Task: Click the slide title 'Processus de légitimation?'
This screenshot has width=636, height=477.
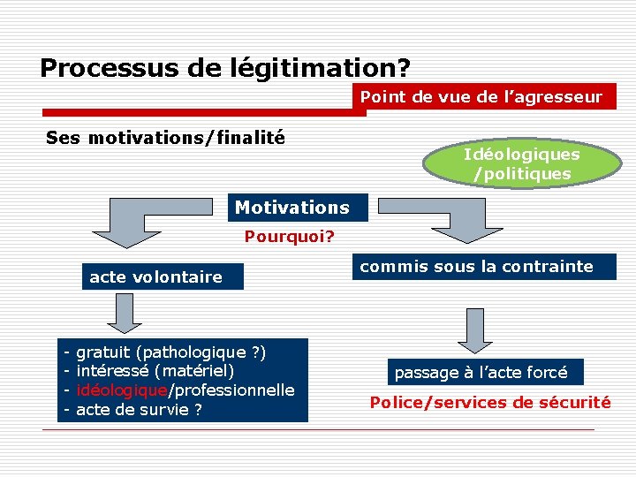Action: [x=225, y=67]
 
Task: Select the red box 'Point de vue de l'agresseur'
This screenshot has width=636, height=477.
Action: [x=481, y=97]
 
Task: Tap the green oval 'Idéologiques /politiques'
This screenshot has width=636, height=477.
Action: [x=522, y=164]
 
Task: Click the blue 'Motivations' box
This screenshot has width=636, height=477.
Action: [x=292, y=208]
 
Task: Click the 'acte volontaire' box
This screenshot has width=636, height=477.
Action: [x=155, y=277]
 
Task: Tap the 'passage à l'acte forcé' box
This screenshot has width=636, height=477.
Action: [x=481, y=372]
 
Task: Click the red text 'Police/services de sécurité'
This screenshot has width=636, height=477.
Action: [x=490, y=403]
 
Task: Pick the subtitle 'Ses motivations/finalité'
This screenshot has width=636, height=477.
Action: [x=165, y=138]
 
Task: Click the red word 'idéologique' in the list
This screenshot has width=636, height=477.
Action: [x=122, y=390]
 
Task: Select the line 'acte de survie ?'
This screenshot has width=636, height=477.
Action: [x=139, y=410]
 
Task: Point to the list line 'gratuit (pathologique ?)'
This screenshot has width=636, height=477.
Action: [x=171, y=352]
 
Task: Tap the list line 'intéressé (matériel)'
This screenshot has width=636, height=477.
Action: [x=155, y=371]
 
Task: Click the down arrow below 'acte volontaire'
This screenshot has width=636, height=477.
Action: [x=125, y=314]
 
